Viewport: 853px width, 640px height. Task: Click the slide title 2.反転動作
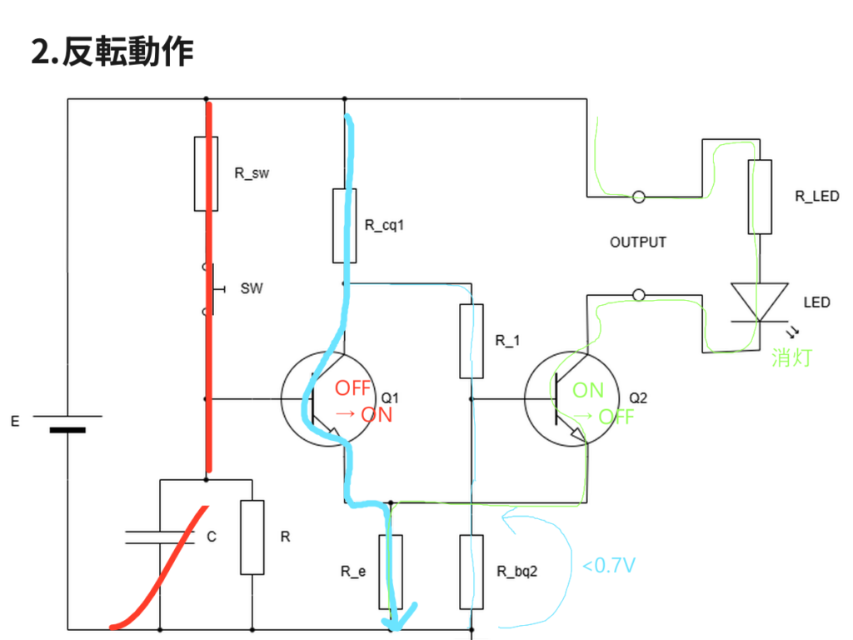pos(112,52)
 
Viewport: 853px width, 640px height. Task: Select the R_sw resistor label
pos(252,175)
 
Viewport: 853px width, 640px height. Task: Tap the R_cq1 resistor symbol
pos(345,225)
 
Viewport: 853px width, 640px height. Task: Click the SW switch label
pos(251,288)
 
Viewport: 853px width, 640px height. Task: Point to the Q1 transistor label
pos(392,397)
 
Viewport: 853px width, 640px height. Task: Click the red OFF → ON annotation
pos(362,401)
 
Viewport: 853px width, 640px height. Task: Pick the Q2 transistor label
pos(638,397)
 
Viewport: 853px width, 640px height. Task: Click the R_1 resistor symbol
pos(471,341)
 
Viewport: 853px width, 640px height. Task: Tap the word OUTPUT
pos(638,242)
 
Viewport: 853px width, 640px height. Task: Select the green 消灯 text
pos(791,358)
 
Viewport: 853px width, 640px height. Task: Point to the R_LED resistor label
pos(817,197)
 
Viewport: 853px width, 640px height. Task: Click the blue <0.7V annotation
pos(609,566)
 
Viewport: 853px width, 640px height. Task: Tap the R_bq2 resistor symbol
pos(471,572)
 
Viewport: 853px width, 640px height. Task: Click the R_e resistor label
pos(352,572)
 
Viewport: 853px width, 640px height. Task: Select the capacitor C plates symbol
pos(159,537)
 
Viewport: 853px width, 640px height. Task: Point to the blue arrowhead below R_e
pos(399,617)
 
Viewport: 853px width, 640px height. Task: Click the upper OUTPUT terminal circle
pos(638,197)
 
